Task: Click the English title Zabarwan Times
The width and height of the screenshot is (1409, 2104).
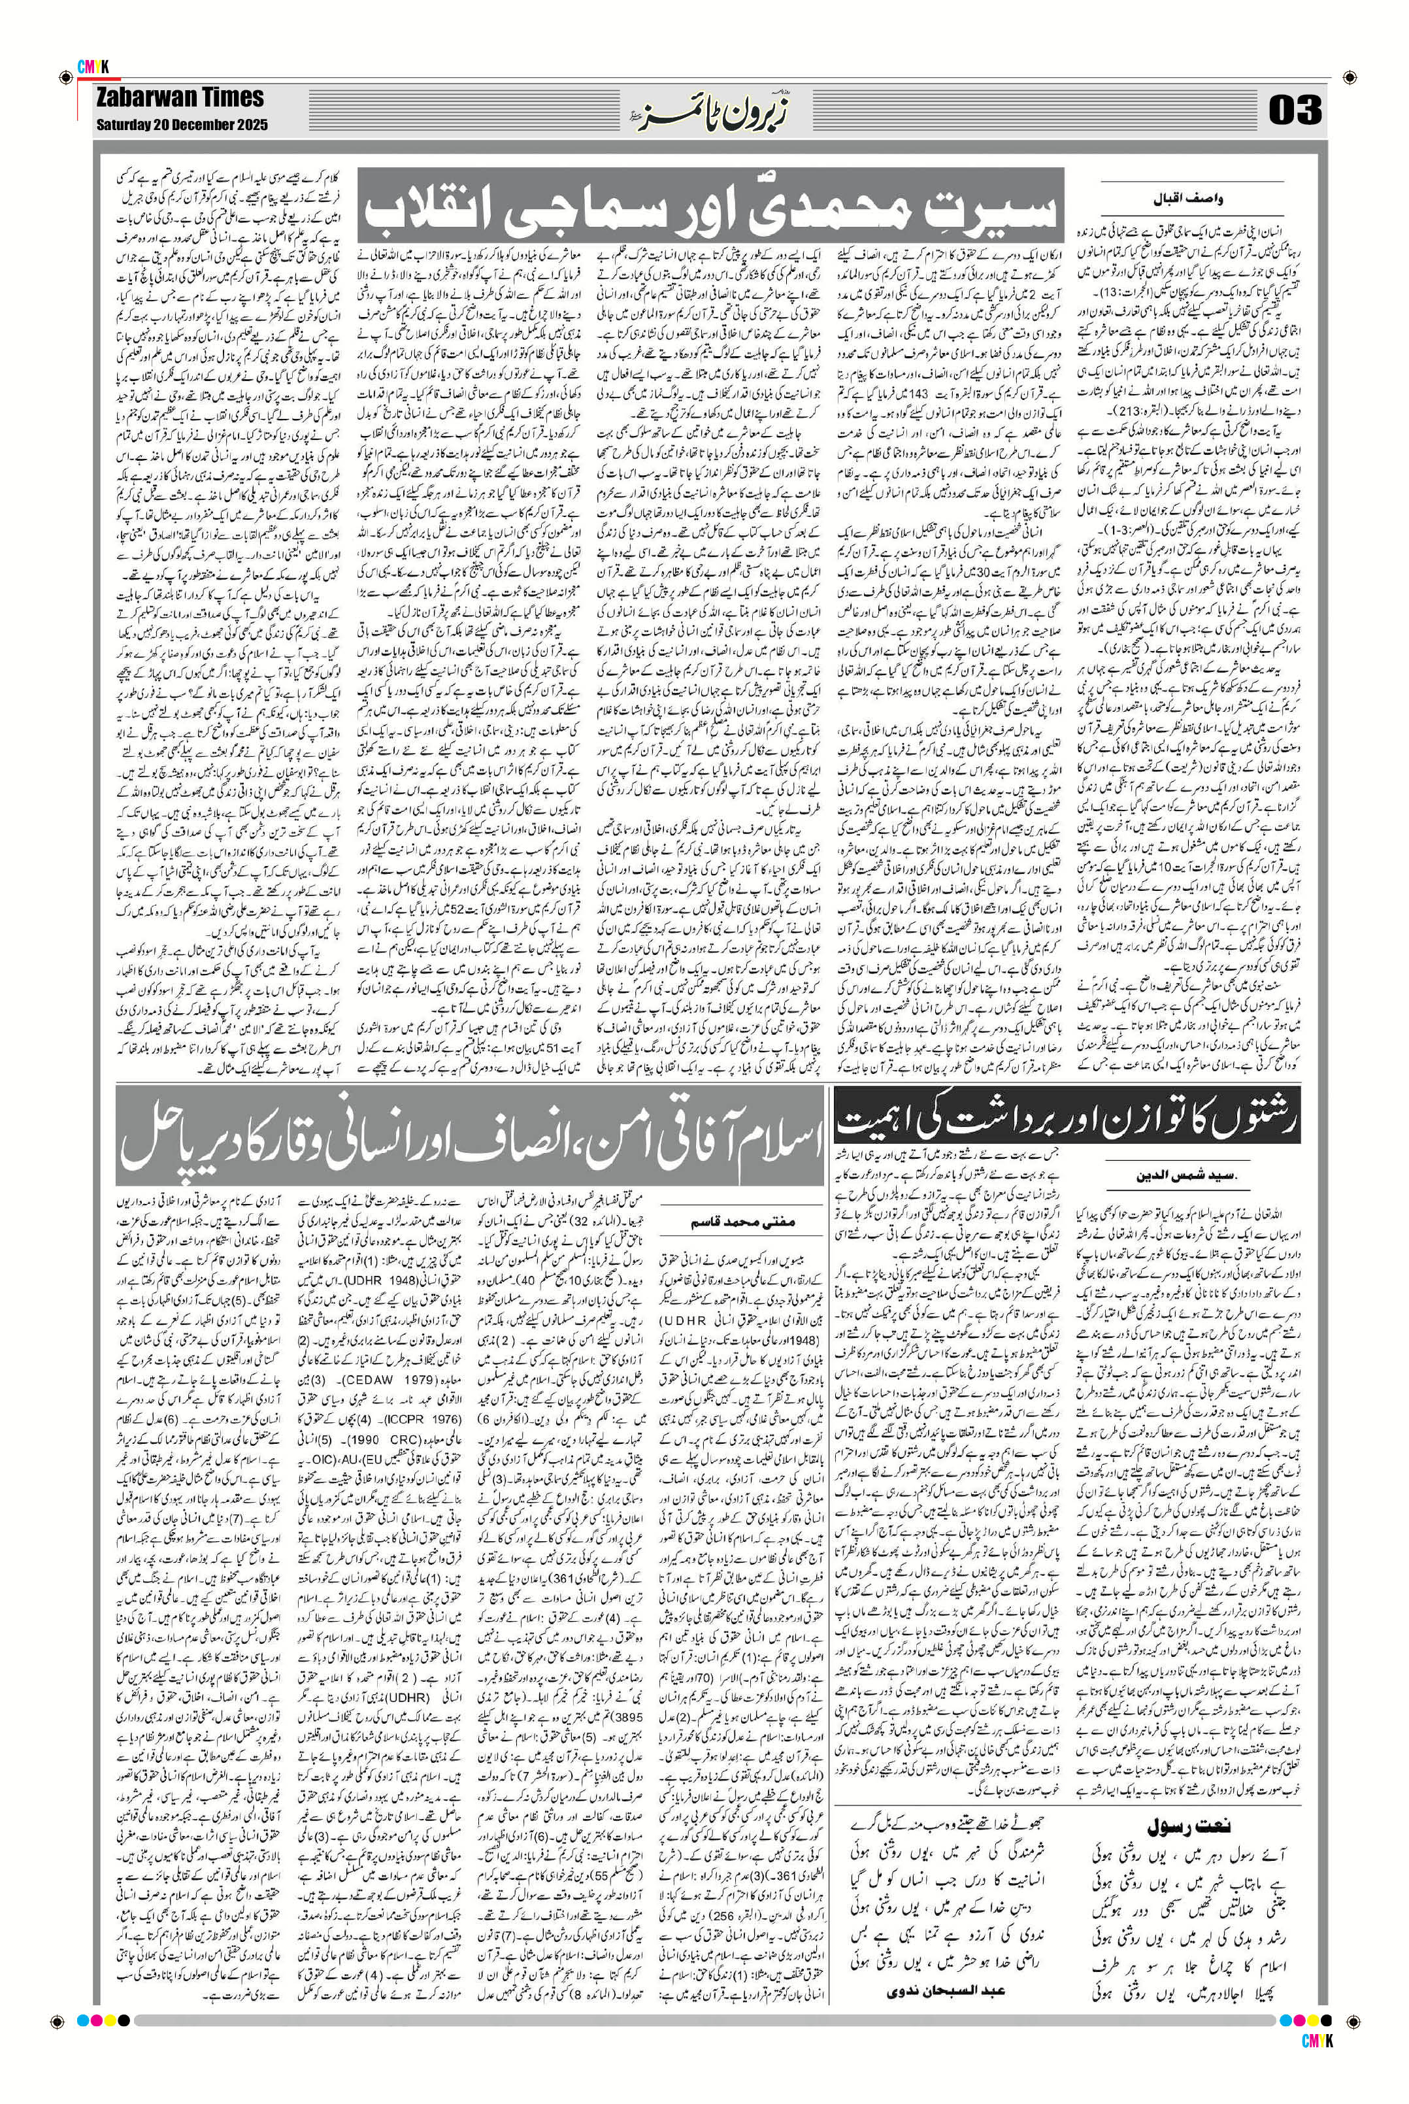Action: pyautogui.click(x=180, y=98)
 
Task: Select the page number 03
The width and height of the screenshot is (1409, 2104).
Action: pyautogui.click(x=1295, y=110)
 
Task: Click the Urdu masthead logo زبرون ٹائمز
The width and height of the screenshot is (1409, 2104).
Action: pyautogui.click(x=700, y=112)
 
